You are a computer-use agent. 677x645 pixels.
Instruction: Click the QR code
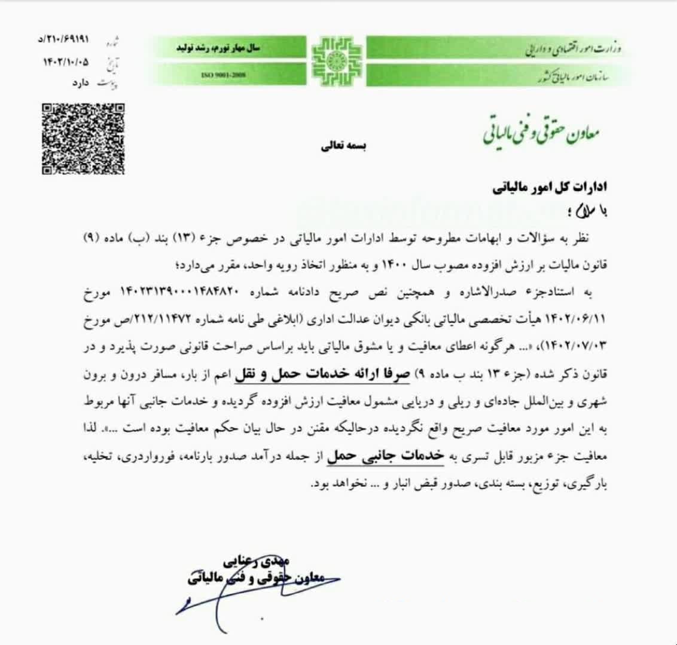coord(83,139)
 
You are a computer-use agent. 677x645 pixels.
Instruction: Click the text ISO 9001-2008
coord(225,75)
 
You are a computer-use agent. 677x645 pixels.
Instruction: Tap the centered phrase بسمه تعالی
coord(338,146)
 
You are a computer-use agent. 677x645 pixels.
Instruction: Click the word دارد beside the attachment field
coord(78,83)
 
